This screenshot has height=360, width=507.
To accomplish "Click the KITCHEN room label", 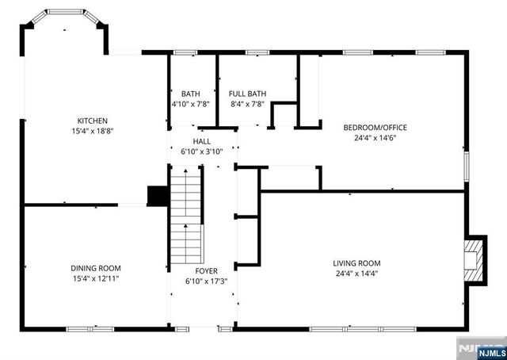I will click(92, 121).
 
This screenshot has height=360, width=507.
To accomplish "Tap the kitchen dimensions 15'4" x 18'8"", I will click(92, 131).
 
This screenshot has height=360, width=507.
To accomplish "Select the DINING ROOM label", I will click(95, 268).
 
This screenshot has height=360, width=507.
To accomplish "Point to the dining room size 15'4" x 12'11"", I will click(95, 278).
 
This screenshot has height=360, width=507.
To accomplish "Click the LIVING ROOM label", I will click(356, 263).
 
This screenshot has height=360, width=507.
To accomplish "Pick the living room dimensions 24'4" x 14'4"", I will click(356, 274).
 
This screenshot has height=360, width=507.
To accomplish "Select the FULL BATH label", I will click(247, 94).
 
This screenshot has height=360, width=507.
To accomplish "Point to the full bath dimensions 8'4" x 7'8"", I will click(247, 104).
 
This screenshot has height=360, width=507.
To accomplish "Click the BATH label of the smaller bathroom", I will click(191, 94).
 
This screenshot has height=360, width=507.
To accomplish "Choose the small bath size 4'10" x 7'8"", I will click(191, 104).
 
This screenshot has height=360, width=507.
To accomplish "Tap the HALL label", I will click(202, 140).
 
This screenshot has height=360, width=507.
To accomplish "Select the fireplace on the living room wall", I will click(475, 259).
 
